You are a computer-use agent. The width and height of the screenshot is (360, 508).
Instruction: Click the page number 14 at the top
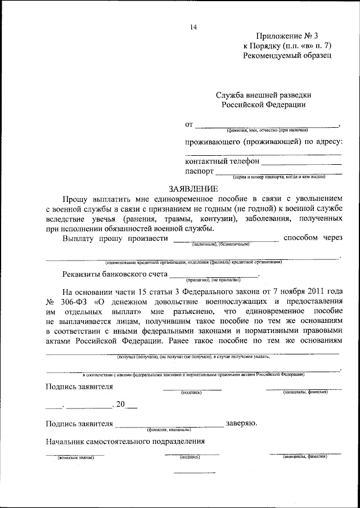tap(193, 26)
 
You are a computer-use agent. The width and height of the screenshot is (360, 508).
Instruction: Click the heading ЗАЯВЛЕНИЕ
tap(193, 188)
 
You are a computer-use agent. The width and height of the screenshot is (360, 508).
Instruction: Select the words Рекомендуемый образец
tap(287, 56)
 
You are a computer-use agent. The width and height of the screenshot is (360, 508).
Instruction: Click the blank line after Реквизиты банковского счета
tap(214, 275)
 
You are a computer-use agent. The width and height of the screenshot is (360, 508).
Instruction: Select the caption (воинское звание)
tap(72, 458)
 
